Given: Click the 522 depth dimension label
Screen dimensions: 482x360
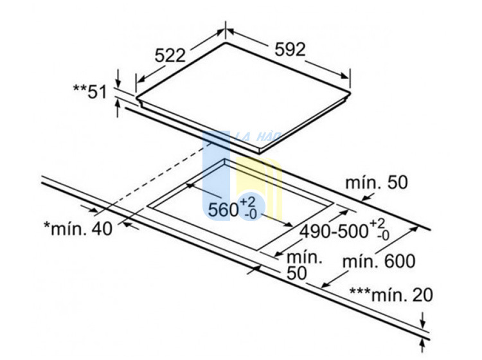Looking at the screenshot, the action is [170, 56].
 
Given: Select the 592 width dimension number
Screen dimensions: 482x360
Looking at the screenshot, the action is [290, 50].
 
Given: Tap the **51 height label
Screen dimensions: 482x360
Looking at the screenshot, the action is [90, 92].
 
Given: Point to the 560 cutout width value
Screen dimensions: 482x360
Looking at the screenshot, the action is [224, 210].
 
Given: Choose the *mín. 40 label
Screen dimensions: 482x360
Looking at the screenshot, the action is [78, 229].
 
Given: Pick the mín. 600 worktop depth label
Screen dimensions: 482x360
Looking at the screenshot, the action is [379, 261].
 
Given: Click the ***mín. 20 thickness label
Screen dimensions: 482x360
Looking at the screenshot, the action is [391, 295].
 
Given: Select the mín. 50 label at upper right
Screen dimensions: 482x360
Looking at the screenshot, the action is [377, 183].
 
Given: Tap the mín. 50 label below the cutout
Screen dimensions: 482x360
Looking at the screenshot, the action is [305, 265].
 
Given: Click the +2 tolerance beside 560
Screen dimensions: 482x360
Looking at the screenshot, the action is [247, 203].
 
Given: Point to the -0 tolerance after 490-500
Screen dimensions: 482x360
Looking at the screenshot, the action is [383, 236].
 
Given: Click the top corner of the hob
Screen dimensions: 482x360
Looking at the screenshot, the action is [226, 42].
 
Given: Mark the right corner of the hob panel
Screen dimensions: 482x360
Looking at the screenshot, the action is [350, 92].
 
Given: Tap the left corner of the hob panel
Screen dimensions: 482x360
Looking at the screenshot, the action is [137, 98].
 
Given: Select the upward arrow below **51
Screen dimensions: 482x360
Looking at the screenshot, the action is [118, 107].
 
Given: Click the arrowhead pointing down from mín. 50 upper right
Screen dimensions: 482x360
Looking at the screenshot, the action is [365, 198].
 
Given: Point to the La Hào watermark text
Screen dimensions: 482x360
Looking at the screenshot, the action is [258, 136].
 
